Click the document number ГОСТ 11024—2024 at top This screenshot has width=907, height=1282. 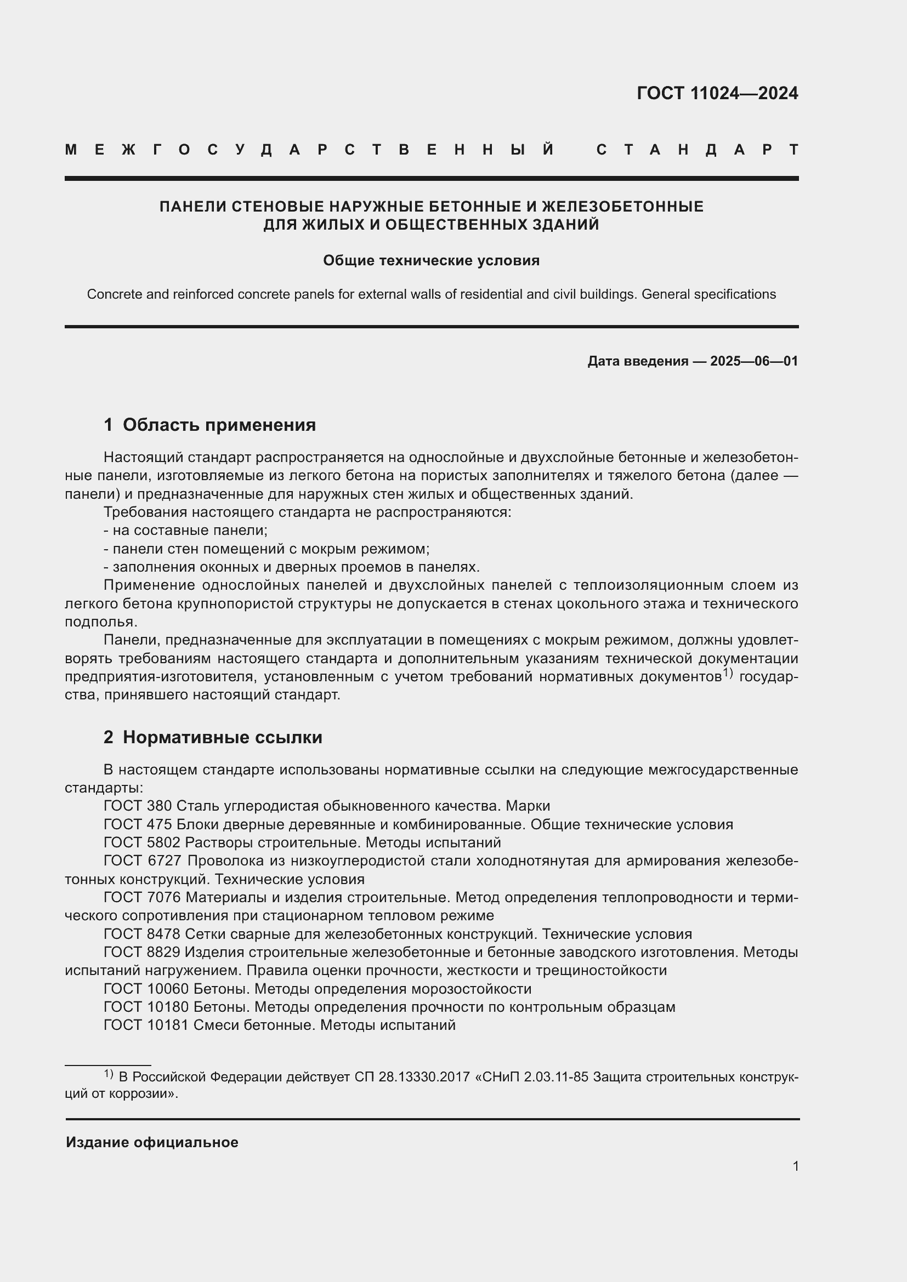(x=717, y=93)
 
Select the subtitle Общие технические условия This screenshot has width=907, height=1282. (x=431, y=261)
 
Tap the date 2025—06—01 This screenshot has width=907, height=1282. (x=754, y=361)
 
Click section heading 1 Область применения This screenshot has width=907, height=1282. (x=209, y=425)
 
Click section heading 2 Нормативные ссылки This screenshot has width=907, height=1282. (x=213, y=737)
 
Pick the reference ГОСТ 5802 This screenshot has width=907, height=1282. (x=142, y=842)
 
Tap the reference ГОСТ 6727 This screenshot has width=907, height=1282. (x=142, y=861)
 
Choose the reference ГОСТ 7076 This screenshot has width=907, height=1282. (x=142, y=897)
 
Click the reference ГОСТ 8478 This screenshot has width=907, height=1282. (x=142, y=934)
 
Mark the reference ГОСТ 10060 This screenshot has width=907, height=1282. (x=146, y=989)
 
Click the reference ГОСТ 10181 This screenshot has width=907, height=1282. (x=146, y=1025)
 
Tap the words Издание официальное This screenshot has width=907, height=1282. (x=152, y=1142)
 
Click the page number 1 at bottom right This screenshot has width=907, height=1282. (x=795, y=1166)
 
